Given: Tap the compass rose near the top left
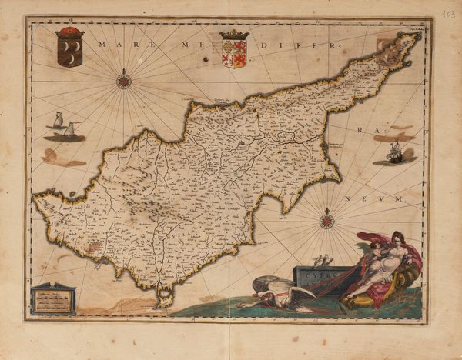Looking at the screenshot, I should coord(123,79).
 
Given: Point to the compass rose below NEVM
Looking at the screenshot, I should coord(326,222).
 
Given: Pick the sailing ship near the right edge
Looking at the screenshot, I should coord(394,152).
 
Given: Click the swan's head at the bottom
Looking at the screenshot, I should coord(245,305).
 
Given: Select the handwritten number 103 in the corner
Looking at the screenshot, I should coord(450,15).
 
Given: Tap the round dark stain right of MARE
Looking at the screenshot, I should coord(206,58).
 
